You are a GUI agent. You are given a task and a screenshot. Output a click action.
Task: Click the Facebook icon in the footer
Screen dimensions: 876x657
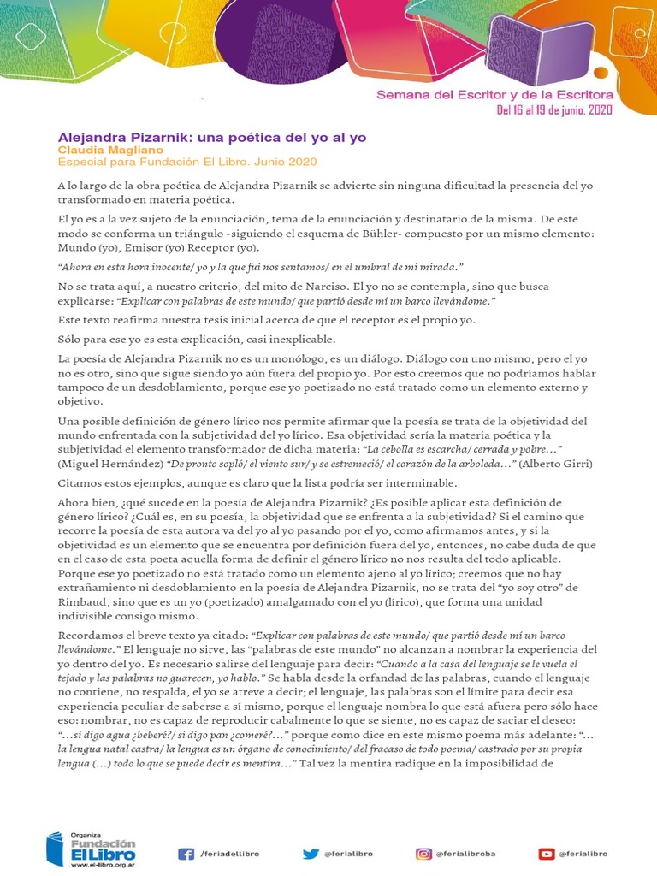click(x=185, y=853)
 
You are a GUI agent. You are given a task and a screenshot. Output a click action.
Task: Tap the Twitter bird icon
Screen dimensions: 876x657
click(x=311, y=853)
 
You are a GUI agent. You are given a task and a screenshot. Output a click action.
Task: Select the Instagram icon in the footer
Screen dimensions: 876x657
click(x=423, y=853)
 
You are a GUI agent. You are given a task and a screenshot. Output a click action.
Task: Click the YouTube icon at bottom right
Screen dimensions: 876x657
click(x=546, y=853)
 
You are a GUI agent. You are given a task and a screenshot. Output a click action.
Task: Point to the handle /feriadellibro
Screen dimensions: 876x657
click(x=229, y=854)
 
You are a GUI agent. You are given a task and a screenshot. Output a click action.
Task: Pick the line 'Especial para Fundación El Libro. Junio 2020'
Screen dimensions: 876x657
click(x=187, y=162)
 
